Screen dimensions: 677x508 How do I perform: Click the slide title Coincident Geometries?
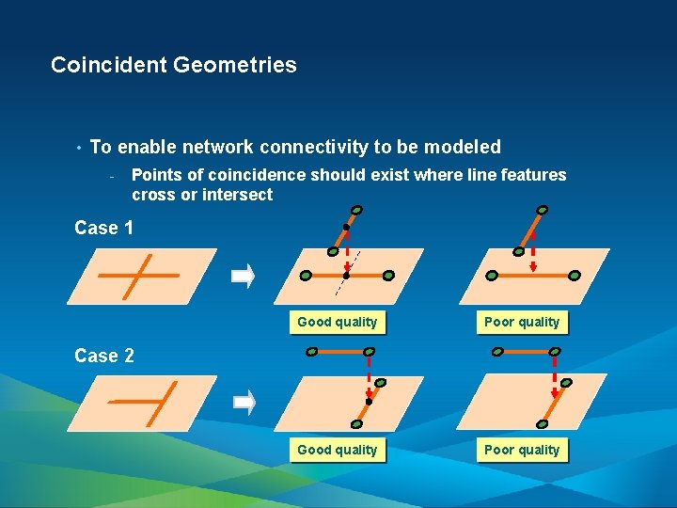pos(174,65)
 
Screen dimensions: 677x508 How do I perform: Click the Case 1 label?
pos(104,228)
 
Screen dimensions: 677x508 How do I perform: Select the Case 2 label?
pos(104,356)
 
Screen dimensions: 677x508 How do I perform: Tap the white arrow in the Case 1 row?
pos(244,277)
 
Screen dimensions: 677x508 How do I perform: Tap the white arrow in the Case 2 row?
pos(244,404)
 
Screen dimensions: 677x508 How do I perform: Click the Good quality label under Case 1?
pos(337,322)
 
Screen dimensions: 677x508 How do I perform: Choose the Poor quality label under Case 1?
pos(522,322)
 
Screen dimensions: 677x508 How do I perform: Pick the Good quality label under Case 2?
pos(337,450)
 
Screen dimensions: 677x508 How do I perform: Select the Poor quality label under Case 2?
pos(522,450)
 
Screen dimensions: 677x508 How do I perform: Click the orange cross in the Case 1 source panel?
pos(137,276)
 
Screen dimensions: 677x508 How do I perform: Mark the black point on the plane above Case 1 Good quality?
pos(346,276)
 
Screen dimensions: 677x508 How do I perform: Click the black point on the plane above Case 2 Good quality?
pos(369,402)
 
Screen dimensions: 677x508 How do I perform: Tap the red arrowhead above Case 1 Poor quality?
pos(533,268)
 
